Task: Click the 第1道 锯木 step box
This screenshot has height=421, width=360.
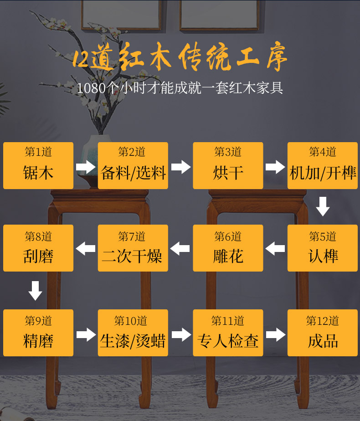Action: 38,165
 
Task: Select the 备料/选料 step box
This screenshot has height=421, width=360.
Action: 133,165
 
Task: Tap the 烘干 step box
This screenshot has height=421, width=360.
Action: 228,165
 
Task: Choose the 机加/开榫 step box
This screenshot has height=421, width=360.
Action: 323,165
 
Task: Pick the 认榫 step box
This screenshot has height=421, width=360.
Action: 323,248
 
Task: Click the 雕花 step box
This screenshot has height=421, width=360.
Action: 228,248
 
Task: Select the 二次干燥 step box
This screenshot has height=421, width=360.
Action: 133,248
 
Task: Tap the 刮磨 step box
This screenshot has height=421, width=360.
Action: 38,248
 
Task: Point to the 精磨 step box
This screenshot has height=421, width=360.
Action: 38,333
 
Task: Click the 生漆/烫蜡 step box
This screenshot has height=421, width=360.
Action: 133,333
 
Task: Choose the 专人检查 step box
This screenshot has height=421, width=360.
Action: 228,333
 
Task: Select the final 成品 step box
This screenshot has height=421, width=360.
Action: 323,333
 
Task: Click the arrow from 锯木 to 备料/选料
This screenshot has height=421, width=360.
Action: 86,167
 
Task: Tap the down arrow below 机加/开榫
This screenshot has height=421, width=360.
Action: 323,206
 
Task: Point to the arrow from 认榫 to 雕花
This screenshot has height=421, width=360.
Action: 275,249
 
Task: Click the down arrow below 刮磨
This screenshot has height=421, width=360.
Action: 36,291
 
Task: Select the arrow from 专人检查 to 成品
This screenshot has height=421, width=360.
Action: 275,334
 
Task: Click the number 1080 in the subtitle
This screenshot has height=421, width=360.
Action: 91,88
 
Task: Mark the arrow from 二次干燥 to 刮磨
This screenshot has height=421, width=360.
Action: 86,249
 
